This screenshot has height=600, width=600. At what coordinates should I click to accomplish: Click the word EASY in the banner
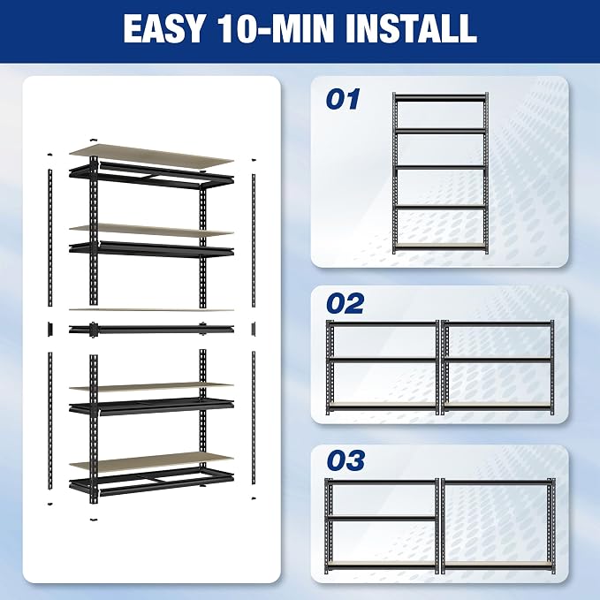point(163,28)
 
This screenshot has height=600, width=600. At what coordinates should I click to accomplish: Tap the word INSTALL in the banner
point(411,28)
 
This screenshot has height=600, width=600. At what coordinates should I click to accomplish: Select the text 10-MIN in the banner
point(274,28)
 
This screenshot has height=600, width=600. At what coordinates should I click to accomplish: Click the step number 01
point(343,100)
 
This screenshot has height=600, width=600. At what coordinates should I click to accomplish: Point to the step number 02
point(346,304)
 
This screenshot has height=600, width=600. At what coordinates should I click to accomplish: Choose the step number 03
point(346,460)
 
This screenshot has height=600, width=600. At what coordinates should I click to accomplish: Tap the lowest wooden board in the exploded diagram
point(151,462)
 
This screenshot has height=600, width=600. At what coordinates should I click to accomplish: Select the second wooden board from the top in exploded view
point(151,230)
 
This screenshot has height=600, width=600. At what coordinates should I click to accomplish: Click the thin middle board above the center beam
point(151,310)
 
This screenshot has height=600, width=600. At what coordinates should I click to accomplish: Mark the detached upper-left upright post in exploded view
point(49,237)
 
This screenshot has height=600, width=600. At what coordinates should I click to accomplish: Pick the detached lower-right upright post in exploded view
point(254,418)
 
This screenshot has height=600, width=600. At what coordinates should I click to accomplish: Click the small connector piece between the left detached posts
point(50,329)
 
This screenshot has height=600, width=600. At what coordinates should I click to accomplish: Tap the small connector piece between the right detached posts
point(254,329)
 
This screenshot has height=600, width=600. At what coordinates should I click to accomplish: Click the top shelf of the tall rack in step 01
point(440,98)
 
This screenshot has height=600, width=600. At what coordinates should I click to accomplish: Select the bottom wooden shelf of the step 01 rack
point(440,246)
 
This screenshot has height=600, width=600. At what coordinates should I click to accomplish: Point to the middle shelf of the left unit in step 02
point(383,360)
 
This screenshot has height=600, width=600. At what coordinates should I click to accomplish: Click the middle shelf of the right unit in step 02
point(497,360)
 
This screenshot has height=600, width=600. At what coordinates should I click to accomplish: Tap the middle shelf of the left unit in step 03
point(383,519)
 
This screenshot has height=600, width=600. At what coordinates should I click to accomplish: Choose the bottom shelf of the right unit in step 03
point(497,565)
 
